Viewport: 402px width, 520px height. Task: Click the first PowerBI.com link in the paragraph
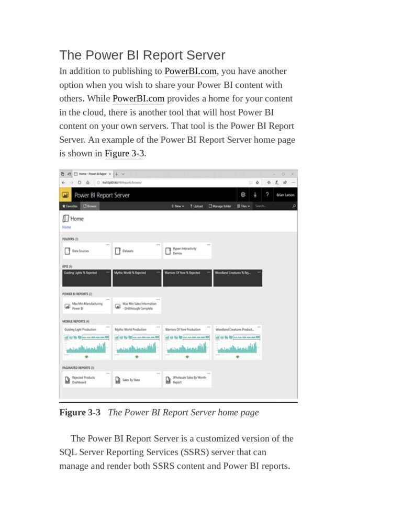click(x=191, y=71)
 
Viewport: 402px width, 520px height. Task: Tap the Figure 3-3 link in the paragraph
click(x=124, y=153)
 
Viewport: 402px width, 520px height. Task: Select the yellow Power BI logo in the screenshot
click(x=65, y=195)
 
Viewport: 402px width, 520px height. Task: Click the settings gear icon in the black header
click(x=243, y=195)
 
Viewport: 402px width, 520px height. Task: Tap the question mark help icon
click(x=267, y=195)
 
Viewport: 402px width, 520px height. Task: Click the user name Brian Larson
click(x=285, y=195)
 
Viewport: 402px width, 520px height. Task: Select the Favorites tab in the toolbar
click(x=70, y=206)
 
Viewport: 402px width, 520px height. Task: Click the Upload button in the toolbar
click(x=196, y=206)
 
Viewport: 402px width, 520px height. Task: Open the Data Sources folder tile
click(x=86, y=251)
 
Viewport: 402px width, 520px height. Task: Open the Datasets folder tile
click(x=136, y=251)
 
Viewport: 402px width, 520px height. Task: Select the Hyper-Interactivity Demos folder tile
click(x=187, y=251)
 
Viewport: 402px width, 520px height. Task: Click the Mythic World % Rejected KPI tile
click(x=137, y=277)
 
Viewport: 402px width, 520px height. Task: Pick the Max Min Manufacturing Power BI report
click(x=86, y=306)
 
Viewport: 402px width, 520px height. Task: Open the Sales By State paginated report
click(x=136, y=380)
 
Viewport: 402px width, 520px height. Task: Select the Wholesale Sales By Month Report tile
click(x=187, y=380)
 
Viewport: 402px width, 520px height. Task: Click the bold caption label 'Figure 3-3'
click(x=80, y=412)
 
